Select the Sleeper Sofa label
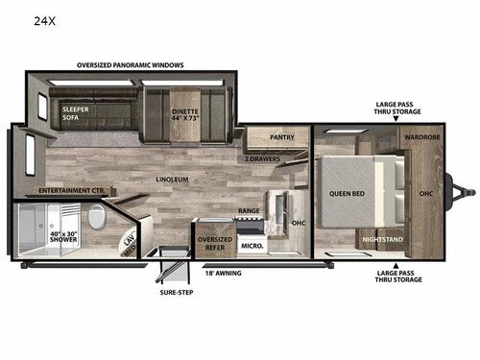76,114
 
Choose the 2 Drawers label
260,156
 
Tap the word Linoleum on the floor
174,179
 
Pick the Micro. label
252,246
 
